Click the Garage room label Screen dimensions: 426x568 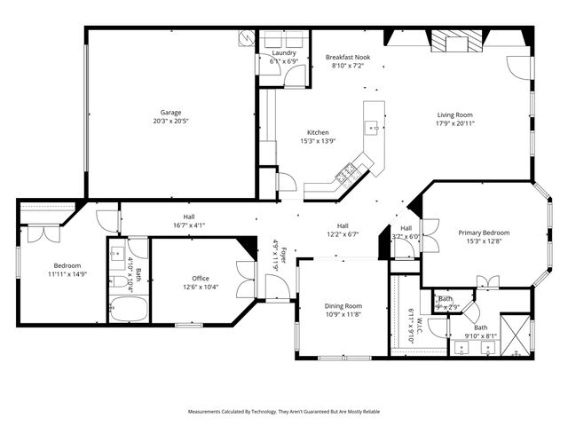pyautogui.click(x=171, y=113)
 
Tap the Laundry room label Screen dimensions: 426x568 pyautogui.click(x=283, y=53)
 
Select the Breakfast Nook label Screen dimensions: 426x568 pyautogui.click(x=348, y=57)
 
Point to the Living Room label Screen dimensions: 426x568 pyautogui.click(x=454, y=114)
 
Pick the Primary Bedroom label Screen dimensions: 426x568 pyautogui.click(x=484, y=233)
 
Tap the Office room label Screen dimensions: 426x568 pyautogui.click(x=201, y=278)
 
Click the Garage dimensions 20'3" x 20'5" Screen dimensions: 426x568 pyautogui.click(x=171, y=122)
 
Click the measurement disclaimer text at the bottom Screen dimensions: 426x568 pyautogui.click(x=284, y=412)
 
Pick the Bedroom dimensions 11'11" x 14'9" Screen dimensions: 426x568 pyautogui.click(x=67, y=274)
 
